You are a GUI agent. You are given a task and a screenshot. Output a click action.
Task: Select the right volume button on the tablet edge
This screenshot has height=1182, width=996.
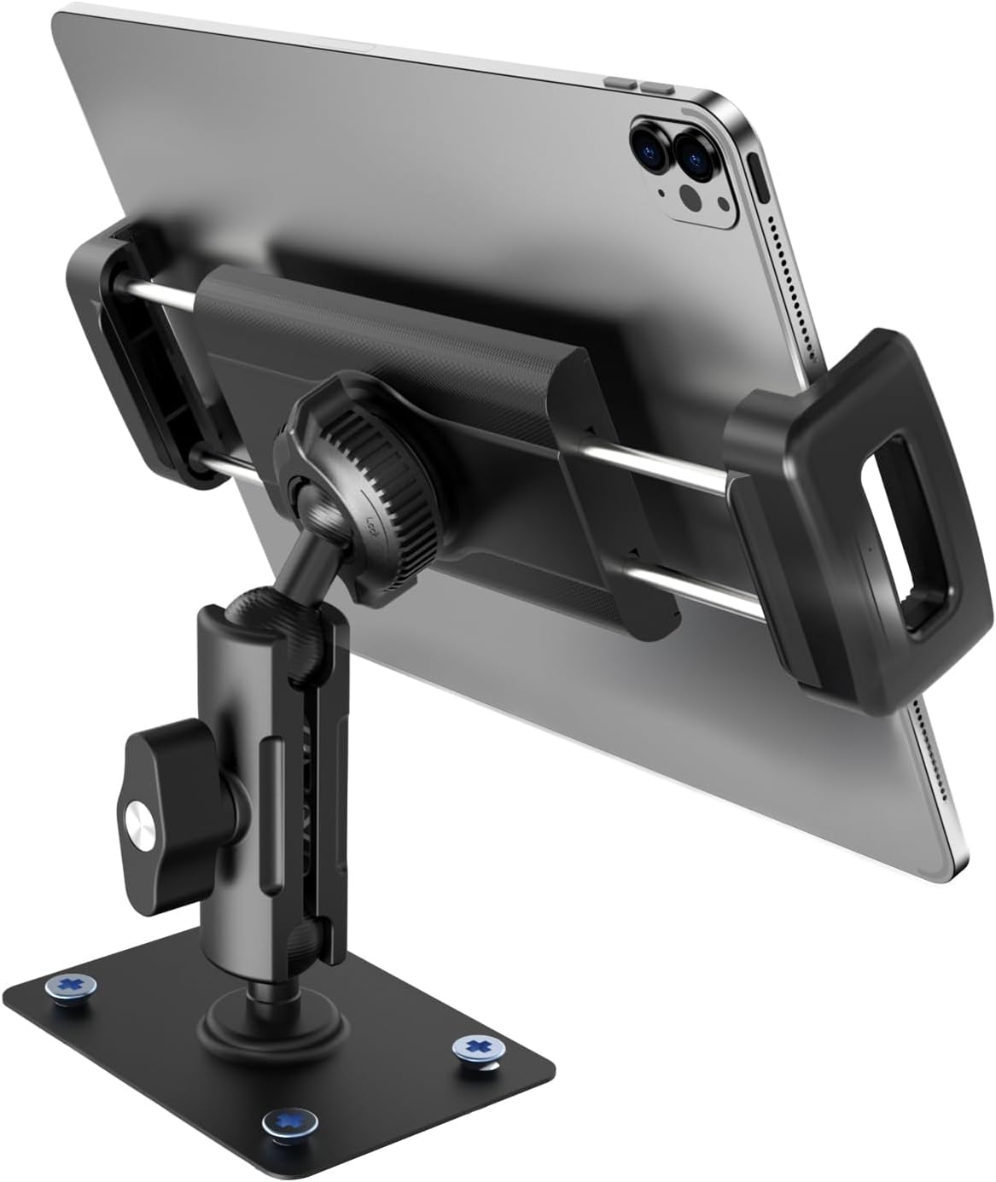pyautogui.click(x=656, y=87)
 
